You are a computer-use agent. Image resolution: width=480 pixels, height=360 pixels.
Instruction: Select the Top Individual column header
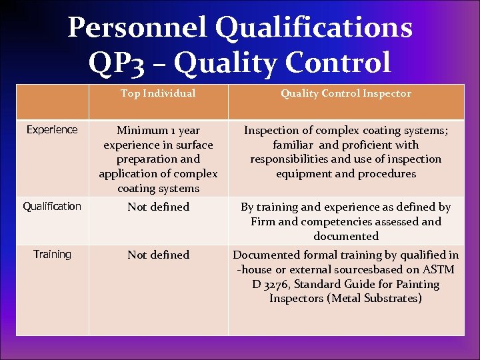click(158, 93)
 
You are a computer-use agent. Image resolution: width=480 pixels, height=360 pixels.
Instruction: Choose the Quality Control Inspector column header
click(345, 93)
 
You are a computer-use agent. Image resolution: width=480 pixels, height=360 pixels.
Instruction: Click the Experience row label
click(52, 129)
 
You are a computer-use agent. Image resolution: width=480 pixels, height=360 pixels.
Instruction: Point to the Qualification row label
click(52, 206)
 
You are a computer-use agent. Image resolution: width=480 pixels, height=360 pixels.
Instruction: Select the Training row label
click(52, 254)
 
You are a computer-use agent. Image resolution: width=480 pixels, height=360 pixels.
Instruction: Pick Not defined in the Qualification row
click(158, 207)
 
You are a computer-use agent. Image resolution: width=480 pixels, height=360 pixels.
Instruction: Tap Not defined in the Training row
click(158, 255)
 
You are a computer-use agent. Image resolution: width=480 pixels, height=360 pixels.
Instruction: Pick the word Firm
click(263, 221)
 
